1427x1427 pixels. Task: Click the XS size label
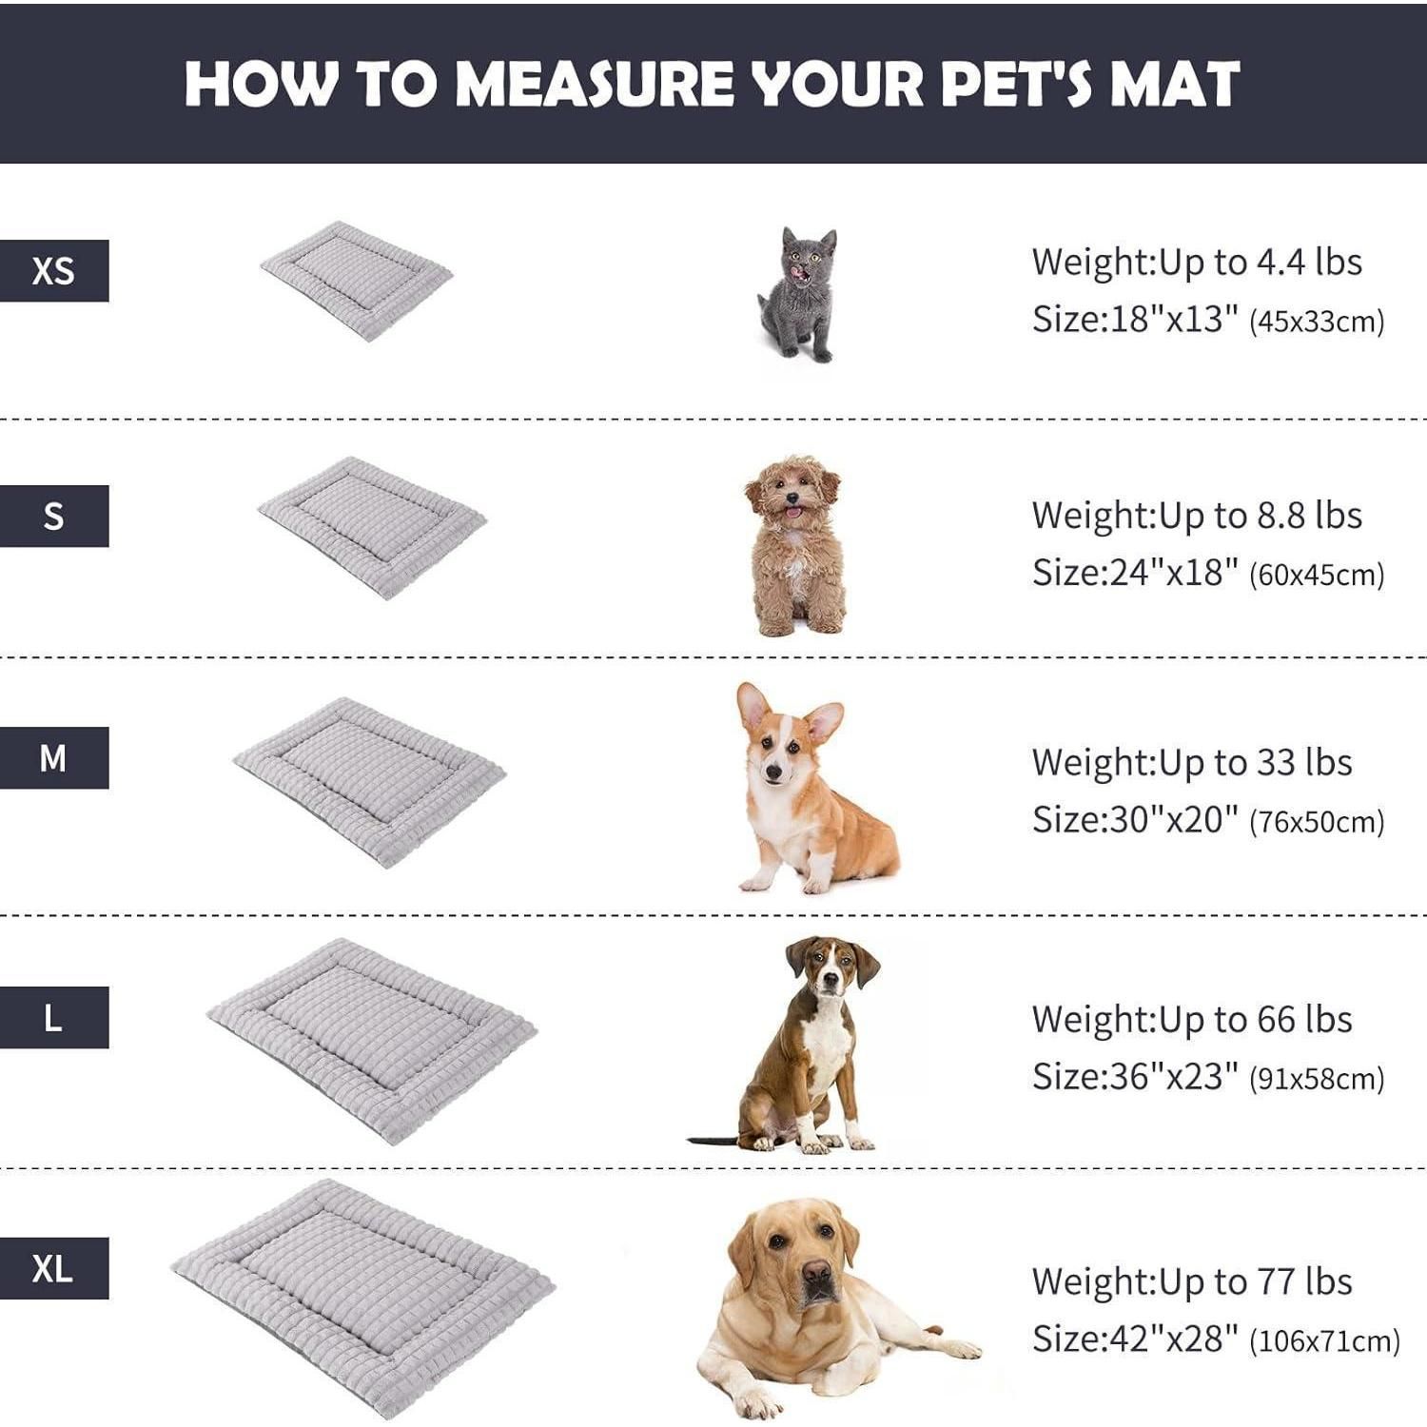point(54,271)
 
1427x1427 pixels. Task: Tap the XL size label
point(54,1268)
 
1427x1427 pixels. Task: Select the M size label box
point(54,758)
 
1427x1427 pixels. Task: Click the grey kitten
point(798,294)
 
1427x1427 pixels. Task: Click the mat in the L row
point(372,1041)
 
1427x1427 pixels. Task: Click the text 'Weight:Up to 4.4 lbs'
point(1197,262)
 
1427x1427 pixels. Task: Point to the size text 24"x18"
point(1174,573)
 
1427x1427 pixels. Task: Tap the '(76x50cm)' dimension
point(1317,822)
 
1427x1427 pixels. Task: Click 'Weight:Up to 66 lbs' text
point(1192,1020)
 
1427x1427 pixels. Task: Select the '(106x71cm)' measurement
point(1325,1341)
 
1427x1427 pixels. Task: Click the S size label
point(54,516)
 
